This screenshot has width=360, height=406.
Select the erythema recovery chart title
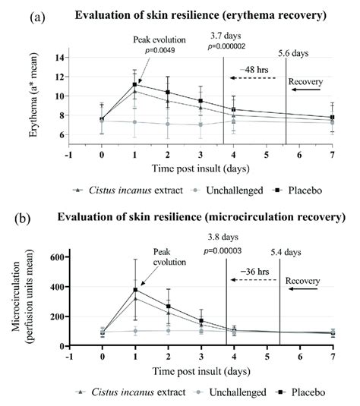pyautogui.click(x=201, y=14)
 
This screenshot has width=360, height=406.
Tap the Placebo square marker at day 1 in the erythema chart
pyautogui.click(x=134, y=85)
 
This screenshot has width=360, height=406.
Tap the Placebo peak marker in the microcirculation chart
pyautogui.click(x=134, y=290)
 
